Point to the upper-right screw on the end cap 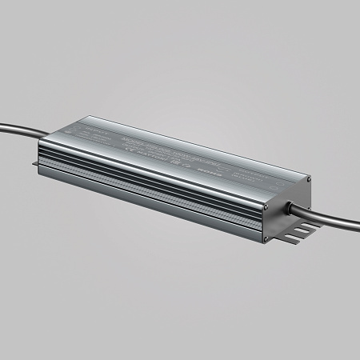coord(309,180)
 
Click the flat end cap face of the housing coord(285,210)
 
